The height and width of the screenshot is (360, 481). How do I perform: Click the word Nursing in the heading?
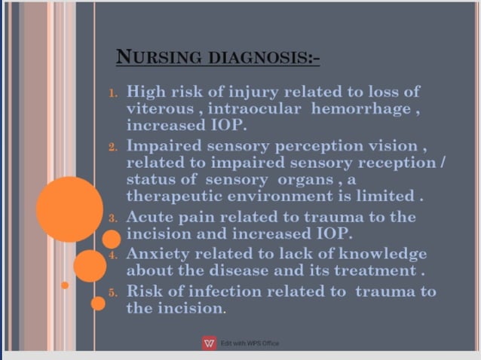point(148,57)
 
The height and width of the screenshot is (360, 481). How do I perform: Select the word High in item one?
point(142,92)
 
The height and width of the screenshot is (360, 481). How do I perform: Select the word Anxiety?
point(155,253)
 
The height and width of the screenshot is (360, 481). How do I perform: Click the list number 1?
point(112,94)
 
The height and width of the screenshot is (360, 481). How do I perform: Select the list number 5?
point(112,293)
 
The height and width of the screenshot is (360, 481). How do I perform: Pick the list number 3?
point(112,219)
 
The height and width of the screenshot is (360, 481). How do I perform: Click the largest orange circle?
point(69,209)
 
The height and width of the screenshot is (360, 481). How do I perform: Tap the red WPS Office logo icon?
point(209,343)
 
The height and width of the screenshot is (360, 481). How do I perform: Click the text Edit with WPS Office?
point(250,343)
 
